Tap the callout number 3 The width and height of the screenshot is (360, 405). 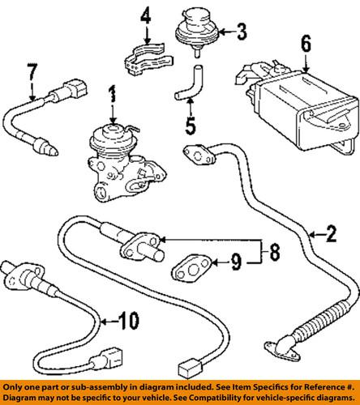[241, 32]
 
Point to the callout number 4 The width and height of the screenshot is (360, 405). [145, 15]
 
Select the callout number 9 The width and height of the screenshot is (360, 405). [235, 262]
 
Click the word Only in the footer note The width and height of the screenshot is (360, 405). [17, 381]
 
